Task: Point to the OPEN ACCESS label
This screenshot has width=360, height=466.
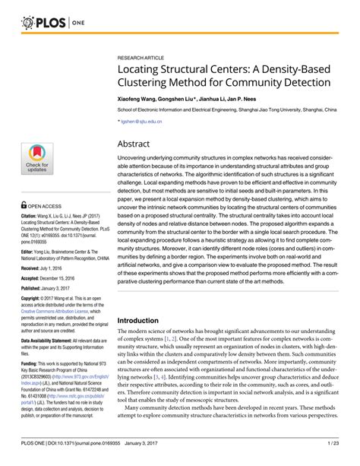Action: [46, 205]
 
